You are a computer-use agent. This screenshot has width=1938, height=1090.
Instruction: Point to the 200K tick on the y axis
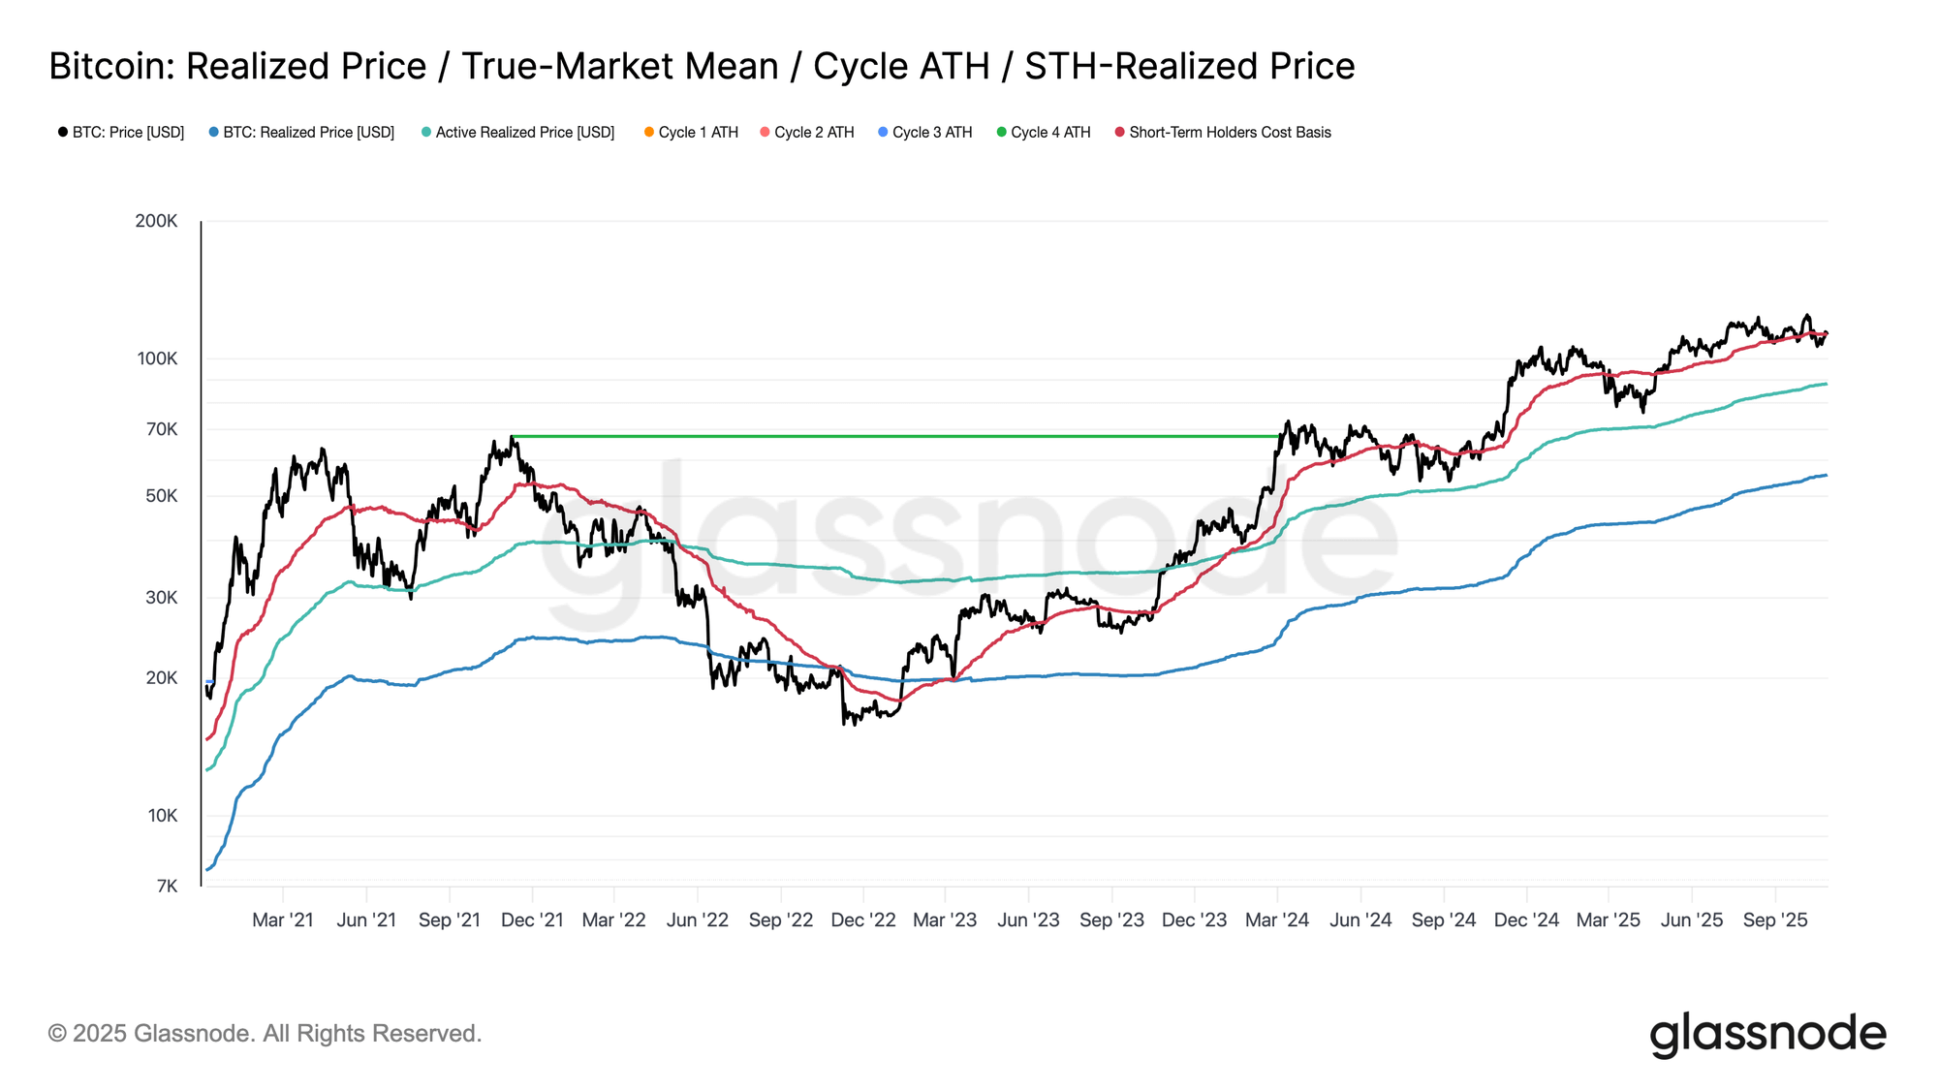tap(156, 221)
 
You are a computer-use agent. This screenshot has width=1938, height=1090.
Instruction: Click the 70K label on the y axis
tap(161, 429)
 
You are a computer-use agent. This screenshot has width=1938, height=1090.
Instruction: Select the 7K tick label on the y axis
tap(166, 887)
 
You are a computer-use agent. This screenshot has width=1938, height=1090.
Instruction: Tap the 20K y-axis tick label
tap(161, 678)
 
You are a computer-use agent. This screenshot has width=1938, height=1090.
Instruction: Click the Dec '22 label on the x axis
tap(862, 920)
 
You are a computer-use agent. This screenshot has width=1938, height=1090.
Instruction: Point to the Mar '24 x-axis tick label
tap(1276, 920)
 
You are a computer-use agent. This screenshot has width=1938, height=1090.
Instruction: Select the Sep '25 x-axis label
tap(1774, 920)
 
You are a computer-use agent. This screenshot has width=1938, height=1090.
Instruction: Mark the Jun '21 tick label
tap(366, 920)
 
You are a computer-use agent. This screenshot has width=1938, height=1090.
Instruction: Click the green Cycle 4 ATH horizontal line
tap(891, 436)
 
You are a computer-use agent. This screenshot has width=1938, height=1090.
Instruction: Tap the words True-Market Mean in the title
tap(620, 67)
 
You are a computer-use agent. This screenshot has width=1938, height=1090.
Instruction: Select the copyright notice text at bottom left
tap(265, 1034)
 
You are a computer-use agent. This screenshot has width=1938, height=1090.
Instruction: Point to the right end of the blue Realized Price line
tap(1826, 475)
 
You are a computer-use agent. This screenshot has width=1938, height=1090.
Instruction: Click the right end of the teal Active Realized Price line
tap(1826, 384)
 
